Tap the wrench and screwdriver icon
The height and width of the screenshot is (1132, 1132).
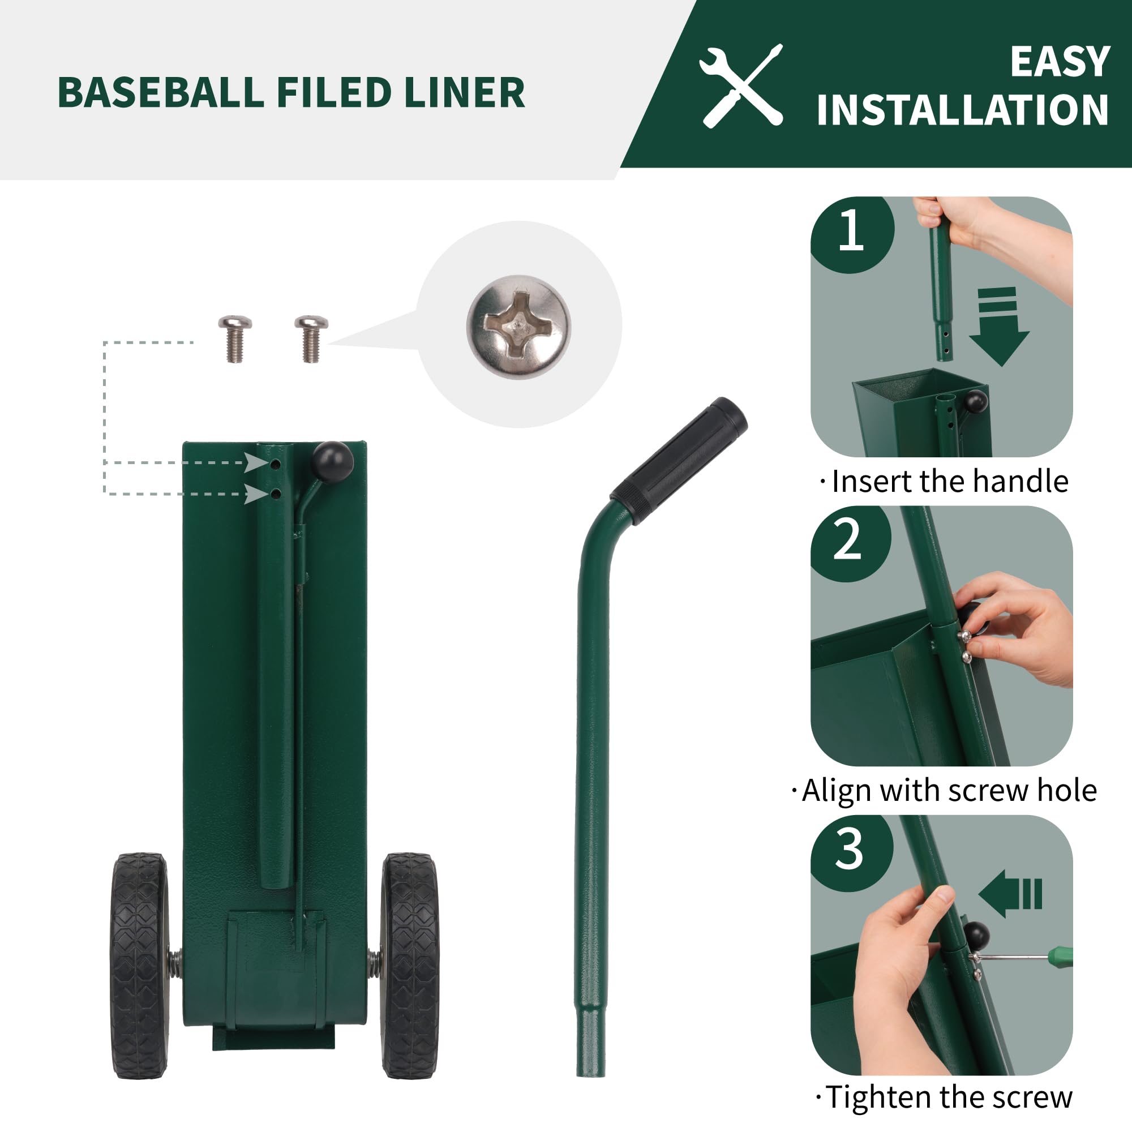(741, 85)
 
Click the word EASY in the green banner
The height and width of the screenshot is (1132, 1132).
(1060, 62)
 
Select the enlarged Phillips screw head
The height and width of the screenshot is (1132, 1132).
(518, 327)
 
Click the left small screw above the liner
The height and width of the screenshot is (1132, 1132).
(235, 338)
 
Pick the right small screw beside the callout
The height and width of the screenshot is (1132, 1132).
(311, 338)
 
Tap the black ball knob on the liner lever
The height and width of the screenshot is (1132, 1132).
(333, 460)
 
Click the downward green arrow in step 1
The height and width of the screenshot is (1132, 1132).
(999, 328)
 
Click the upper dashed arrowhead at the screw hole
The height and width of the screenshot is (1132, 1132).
(256, 463)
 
